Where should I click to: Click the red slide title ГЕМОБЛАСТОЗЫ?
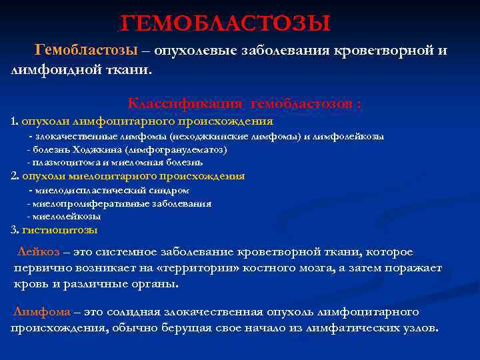(225, 25)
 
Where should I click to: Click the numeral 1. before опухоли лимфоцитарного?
(15, 121)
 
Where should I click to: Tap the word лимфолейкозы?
(356, 136)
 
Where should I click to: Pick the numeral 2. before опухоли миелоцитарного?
(15, 176)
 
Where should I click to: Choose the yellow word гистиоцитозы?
(59, 230)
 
